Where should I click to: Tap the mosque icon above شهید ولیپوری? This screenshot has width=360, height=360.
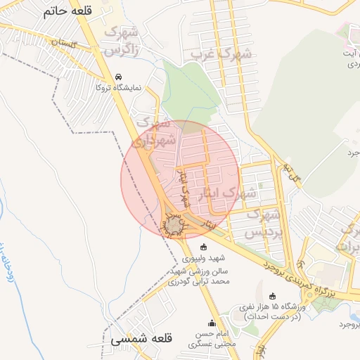click(204, 247)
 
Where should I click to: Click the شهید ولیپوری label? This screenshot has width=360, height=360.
click(203, 257)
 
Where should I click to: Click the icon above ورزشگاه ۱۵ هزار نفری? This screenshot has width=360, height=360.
click(272, 296)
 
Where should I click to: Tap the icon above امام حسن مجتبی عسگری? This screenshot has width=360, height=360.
click(212, 323)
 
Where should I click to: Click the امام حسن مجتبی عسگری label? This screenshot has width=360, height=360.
click(211, 340)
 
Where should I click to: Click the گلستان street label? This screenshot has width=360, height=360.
click(63, 43)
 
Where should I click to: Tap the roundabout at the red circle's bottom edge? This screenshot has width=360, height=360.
click(172, 224)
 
